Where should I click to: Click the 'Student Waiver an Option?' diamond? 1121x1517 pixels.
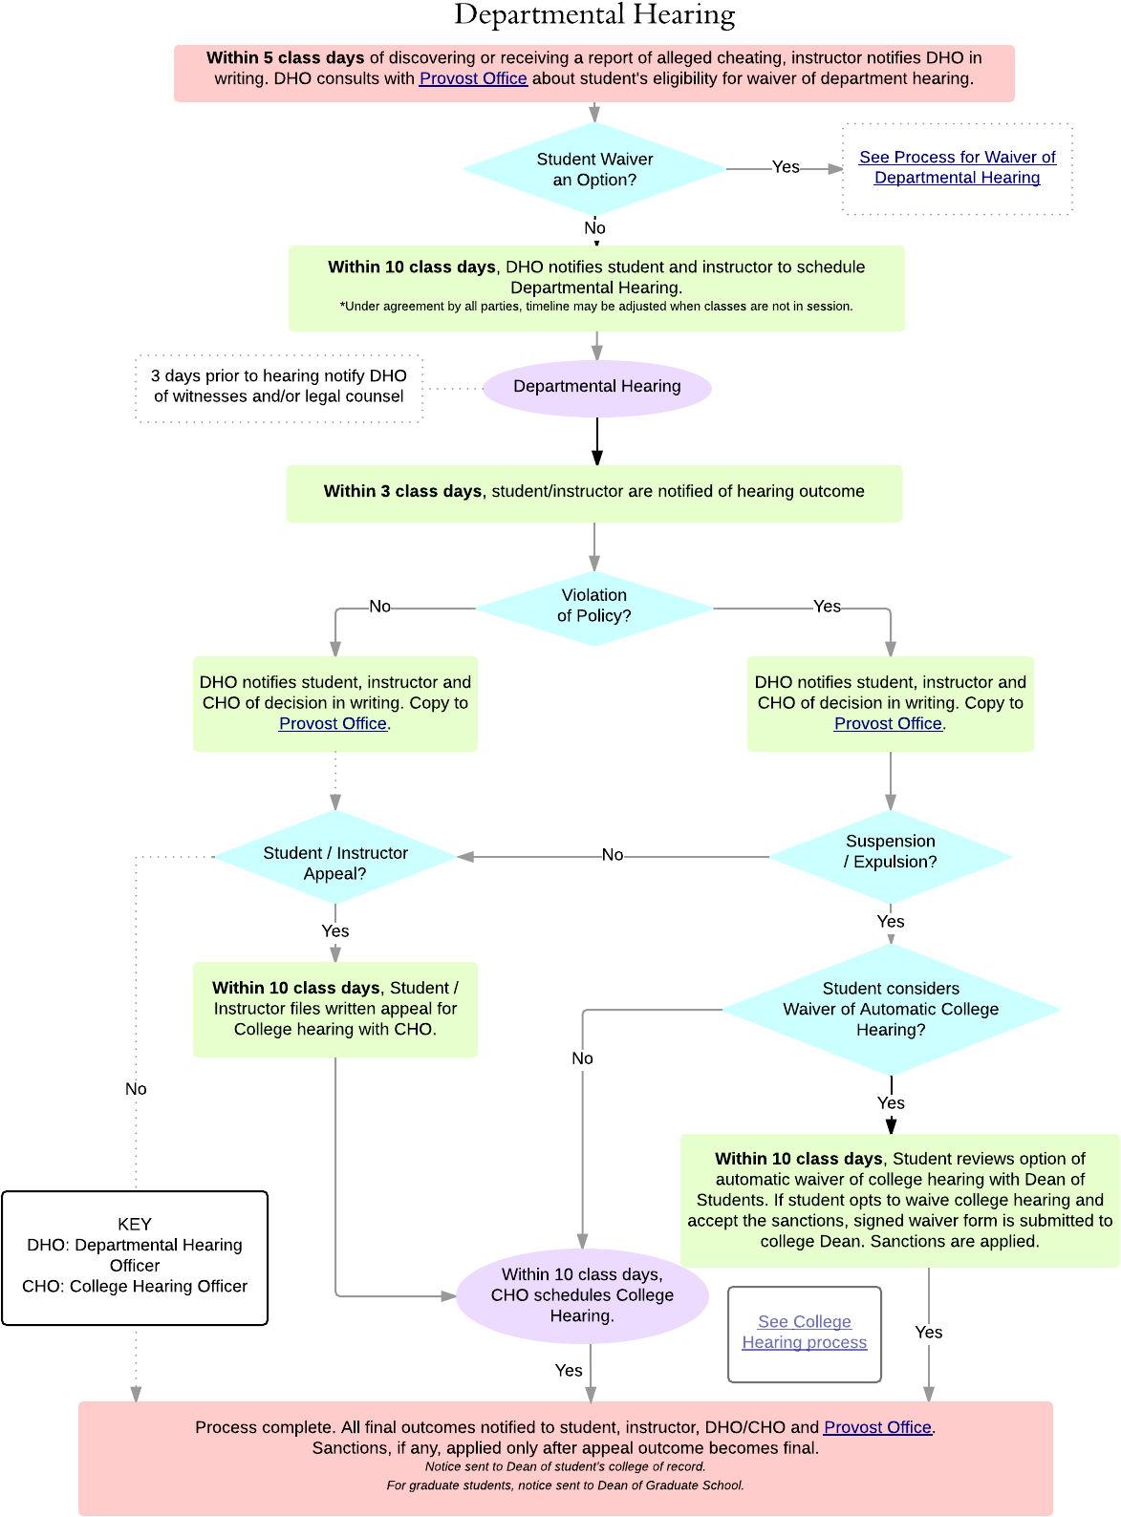pyautogui.click(x=594, y=169)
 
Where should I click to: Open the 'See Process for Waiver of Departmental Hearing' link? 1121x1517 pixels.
pyautogui.click(x=957, y=167)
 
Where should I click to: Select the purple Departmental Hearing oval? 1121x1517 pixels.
pyautogui.click(x=597, y=387)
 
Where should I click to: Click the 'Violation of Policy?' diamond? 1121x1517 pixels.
pyautogui.click(x=594, y=607)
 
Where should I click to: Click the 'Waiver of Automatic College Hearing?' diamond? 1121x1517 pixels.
pyautogui.click(x=890, y=1010)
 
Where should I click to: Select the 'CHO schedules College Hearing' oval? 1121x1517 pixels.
pyautogui.click(x=582, y=1295)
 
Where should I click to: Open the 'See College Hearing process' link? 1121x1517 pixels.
pyautogui.click(x=804, y=1333)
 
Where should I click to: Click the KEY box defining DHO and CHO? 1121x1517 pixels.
pyautogui.click(x=135, y=1257)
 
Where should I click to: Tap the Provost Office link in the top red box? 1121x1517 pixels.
pyautogui.click(x=473, y=79)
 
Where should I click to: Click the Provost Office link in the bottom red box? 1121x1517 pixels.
pyautogui.click(x=877, y=1427)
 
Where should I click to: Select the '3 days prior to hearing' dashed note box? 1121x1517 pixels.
pyautogui.click(x=279, y=388)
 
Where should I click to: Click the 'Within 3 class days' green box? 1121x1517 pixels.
pyautogui.click(x=593, y=493)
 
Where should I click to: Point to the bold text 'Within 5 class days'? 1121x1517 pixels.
pyautogui.click(x=285, y=58)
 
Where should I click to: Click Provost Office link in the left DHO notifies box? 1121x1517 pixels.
pyautogui.click(x=333, y=724)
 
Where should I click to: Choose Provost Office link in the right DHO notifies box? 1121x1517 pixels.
pyautogui.click(x=888, y=724)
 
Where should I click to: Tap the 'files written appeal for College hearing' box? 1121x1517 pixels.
pyautogui.click(x=335, y=1010)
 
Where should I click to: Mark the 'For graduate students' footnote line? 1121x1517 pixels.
pyautogui.click(x=565, y=1485)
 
